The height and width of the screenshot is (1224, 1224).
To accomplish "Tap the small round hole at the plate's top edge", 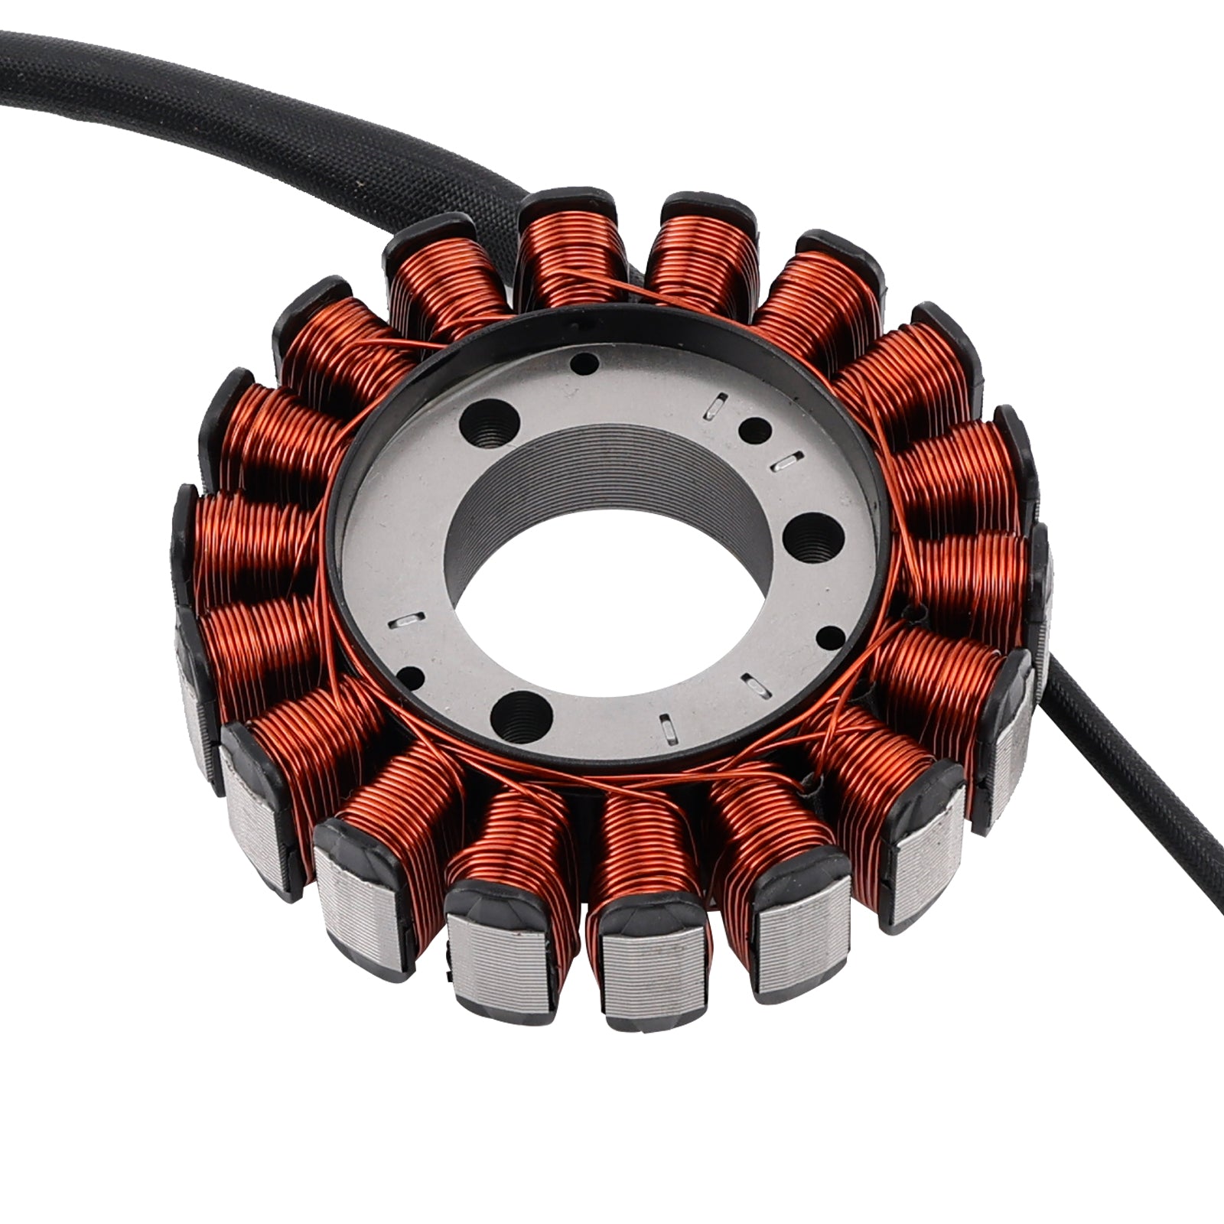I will [587, 362].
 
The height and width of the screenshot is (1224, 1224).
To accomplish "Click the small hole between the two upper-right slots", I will [757, 431].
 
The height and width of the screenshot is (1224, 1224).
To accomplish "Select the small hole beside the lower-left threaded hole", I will [414, 675].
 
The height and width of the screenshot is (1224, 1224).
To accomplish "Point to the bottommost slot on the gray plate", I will [668, 728].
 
